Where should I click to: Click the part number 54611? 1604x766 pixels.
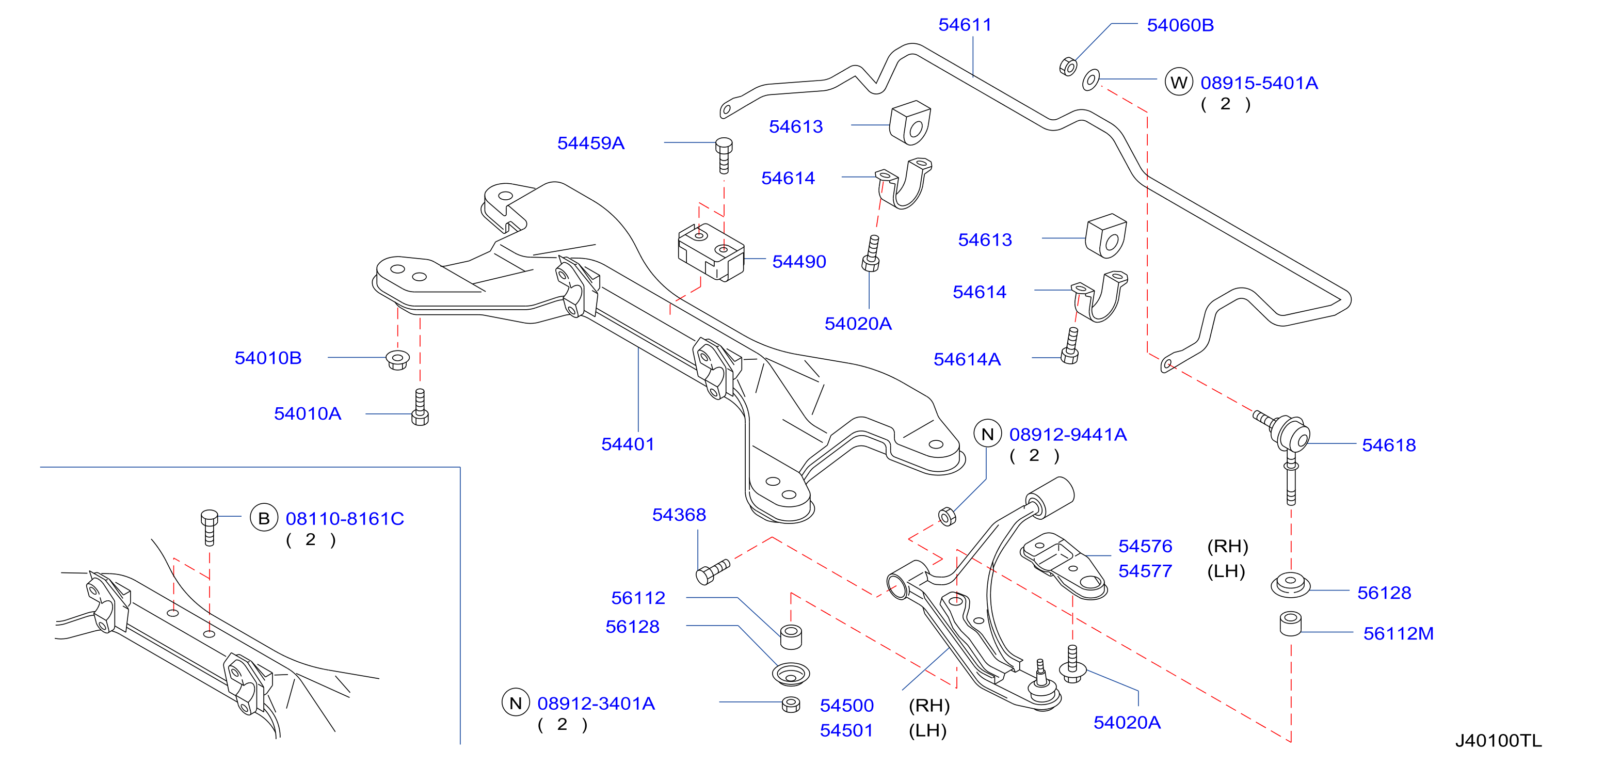965,25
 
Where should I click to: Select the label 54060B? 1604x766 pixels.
1180,25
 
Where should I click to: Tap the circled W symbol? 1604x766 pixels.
1178,82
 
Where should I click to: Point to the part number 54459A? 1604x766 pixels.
590,143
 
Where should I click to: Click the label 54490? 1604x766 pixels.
799,262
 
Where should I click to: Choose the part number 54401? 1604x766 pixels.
628,444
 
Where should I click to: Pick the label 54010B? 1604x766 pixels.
268,358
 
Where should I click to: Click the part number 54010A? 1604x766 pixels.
308,413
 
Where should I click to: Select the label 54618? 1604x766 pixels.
1389,445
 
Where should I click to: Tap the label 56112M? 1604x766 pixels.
1398,633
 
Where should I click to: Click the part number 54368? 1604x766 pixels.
679,515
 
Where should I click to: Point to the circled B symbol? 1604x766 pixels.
263,518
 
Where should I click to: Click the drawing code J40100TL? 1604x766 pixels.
1498,741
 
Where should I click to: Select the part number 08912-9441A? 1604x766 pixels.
1068,435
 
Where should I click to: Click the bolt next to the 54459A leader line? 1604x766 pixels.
724,155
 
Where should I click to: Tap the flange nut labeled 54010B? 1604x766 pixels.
397,360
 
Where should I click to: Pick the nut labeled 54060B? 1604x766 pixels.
1068,66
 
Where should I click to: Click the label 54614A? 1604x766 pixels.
967,359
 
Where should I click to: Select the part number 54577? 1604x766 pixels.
1145,571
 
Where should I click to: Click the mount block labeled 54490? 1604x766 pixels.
711,252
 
